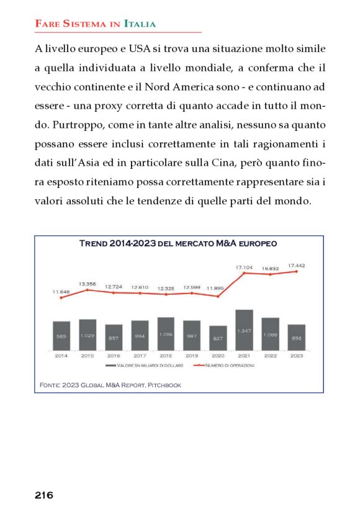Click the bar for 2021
(x=244, y=330)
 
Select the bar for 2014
(x=61, y=335)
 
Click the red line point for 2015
(x=88, y=290)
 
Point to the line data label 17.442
(x=297, y=265)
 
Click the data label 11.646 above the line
(x=61, y=291)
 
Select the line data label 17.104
(x=244, y=266)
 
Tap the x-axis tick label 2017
(x=140, y=356)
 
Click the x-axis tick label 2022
(x=270, y=356)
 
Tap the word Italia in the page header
(x=140, y=24)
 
